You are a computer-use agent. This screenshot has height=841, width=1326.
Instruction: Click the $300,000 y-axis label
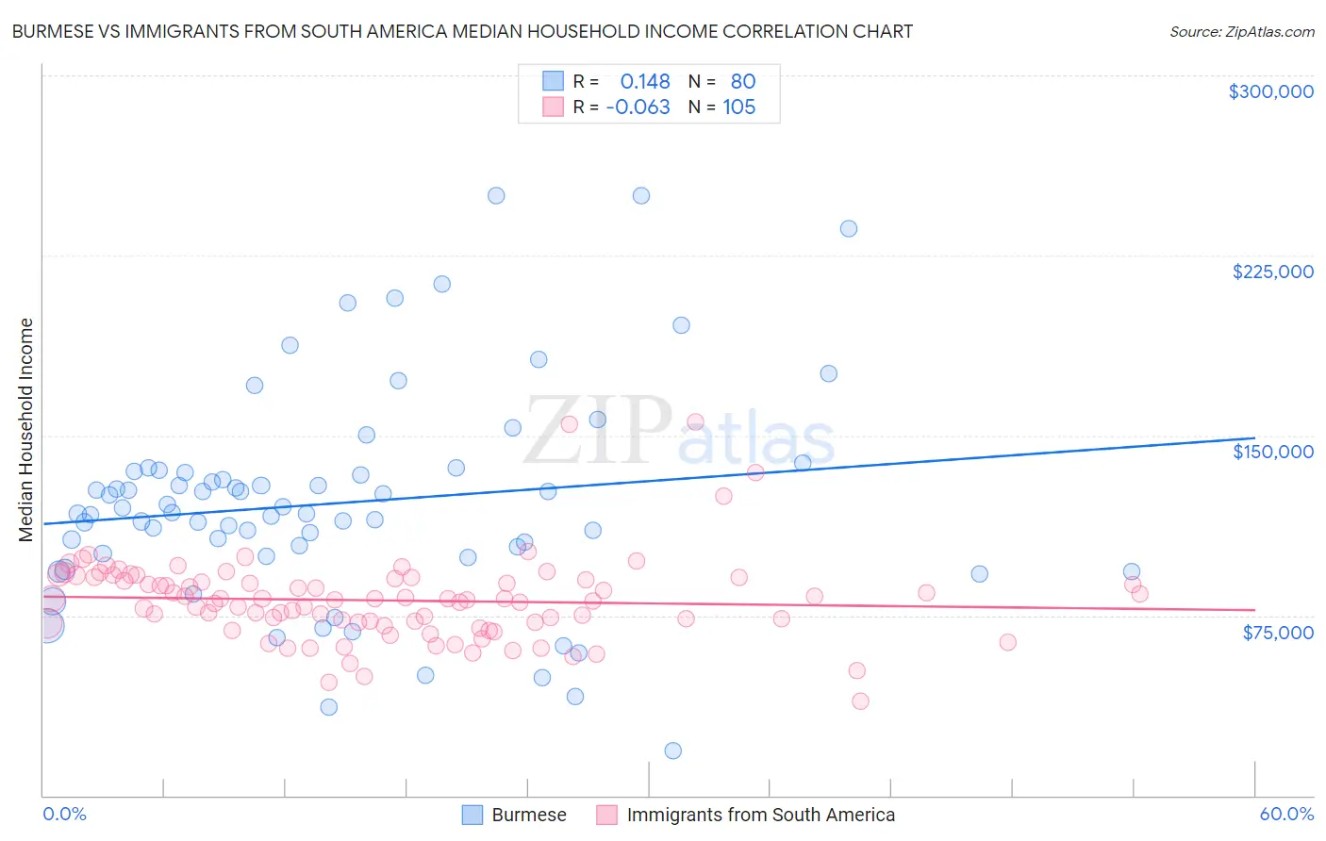click(1270, 91)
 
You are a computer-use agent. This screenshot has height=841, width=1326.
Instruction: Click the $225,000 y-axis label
click(1272, 272)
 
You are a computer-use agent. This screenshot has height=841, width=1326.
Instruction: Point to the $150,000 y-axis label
click(1272, 452)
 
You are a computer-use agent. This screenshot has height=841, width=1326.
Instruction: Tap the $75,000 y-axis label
click(1277, 633)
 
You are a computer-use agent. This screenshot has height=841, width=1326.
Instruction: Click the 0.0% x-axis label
click(64, 814)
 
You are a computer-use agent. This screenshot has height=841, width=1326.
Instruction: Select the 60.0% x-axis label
click(1286, 814)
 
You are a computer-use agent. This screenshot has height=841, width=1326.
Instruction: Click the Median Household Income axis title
click(25, 430)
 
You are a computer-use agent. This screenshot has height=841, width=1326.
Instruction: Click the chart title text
click(462, 31)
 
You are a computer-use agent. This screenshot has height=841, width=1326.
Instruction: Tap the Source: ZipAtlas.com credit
click(1241, 31)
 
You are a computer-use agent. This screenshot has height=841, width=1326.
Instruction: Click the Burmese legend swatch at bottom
click(472, 815)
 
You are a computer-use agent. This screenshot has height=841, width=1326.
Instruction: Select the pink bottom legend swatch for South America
click(607, 815)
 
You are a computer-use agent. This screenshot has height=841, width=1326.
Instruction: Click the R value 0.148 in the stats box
click(645, 82)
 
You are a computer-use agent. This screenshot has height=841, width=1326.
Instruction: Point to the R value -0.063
click(638, 107)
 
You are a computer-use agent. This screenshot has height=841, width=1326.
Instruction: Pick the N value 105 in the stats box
click(739, 107)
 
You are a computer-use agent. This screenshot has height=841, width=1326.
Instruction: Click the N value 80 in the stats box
click(743, 82)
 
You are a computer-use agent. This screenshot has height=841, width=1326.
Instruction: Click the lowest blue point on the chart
click(672, 750)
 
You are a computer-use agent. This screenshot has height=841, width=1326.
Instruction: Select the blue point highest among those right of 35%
click(848, 228)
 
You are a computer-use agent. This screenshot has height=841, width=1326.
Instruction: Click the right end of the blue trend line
click(1254, 438)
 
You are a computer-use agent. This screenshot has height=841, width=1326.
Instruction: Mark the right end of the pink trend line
click(1254, 610)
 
